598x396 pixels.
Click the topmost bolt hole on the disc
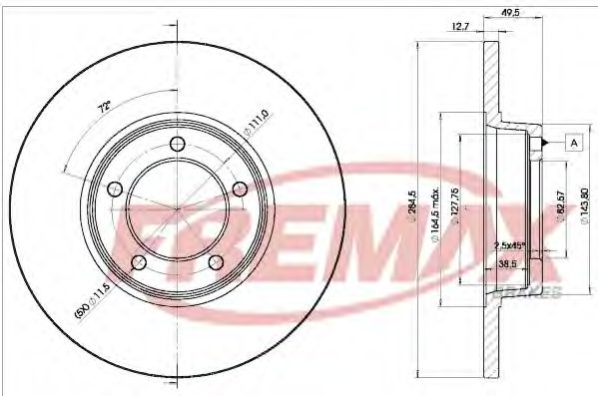(x=179, y=146)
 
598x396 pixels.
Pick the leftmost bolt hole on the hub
(x=113, y=189)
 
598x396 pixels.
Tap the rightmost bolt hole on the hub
(x=240, y=189)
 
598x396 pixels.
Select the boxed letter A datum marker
(x=574, y=142)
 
